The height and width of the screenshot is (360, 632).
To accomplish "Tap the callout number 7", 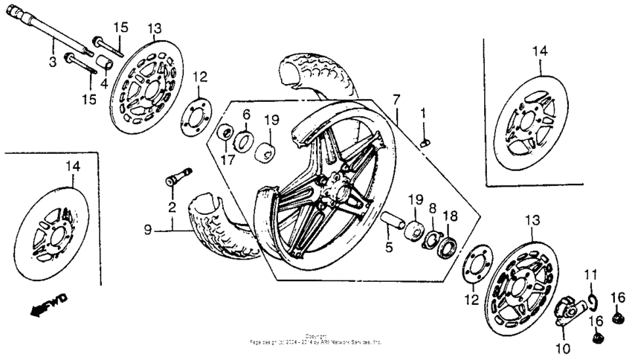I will point(396,99).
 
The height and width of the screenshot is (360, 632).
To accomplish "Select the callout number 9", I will point(147,231).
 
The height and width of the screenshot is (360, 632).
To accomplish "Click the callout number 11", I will point(590,275).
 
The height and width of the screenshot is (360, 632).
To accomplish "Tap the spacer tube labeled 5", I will point(394,222).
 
